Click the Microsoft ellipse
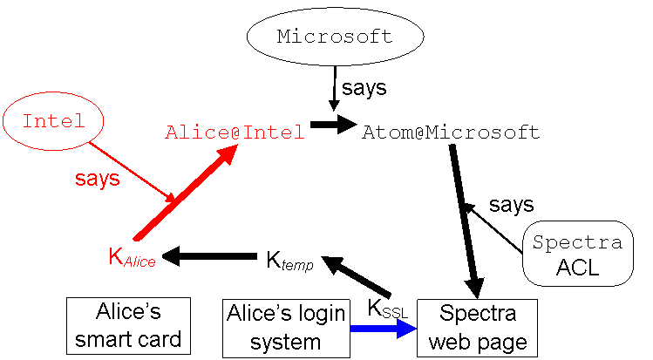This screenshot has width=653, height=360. click(335, 37)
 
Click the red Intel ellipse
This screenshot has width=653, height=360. click(53, 122)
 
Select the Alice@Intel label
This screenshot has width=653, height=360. click(235, 132)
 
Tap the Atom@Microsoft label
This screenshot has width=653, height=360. click(451, 132)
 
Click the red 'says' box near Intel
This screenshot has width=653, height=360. click(97, 180)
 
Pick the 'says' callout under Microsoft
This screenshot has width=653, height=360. click(363, 88)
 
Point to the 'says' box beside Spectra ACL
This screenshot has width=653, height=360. click(511, 205)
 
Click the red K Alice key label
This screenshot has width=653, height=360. click(132, 258)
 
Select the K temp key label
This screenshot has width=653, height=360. click(289, 261)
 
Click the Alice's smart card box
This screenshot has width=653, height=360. click(116, 326)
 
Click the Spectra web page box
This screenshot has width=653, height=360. click(477, 327)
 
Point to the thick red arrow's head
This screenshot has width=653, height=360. click(228, 154)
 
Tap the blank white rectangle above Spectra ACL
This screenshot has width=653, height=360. click(602, 187)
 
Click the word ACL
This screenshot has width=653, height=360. click(577, 268)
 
